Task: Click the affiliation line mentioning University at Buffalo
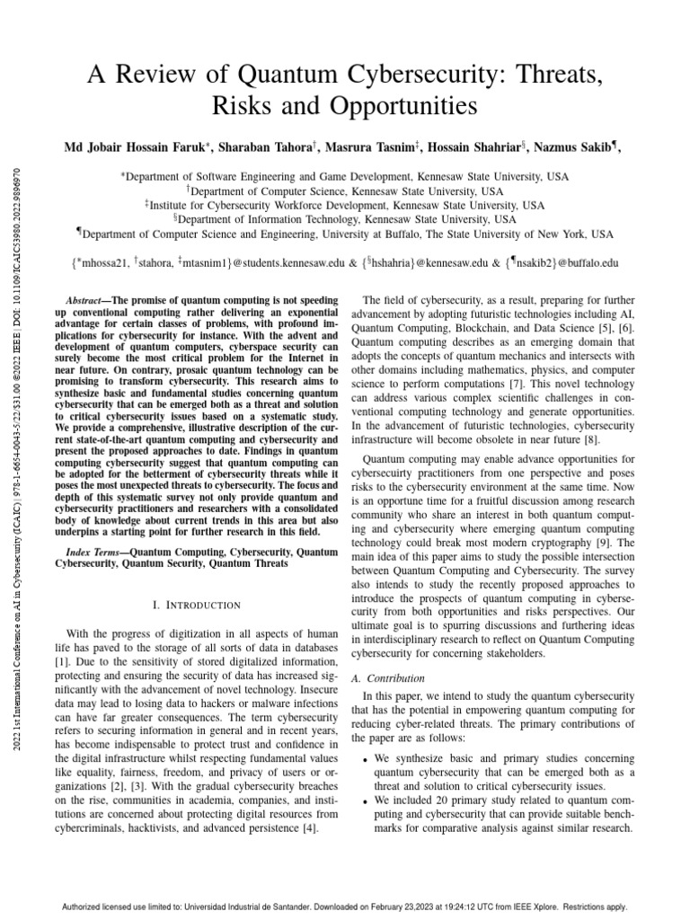345,234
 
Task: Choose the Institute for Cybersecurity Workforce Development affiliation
345,205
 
